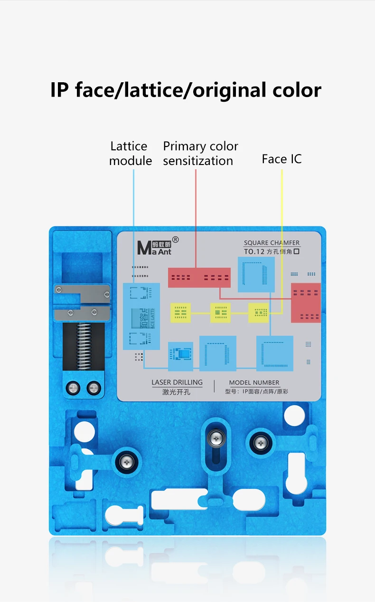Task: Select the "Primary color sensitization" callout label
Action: (x=200, y=153)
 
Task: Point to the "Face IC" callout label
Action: (x=281, y=159)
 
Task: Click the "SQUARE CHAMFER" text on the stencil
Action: (x=272, y=243)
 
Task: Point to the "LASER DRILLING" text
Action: (x=177, y=382)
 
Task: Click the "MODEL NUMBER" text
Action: (x=254, y=382)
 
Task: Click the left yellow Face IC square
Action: (x=181, y=312)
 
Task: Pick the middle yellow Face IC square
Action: (x=220, y=312)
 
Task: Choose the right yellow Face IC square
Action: (x=259, y=312)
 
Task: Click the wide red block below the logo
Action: (x=199, y=277)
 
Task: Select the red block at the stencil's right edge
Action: (x=306, y=302)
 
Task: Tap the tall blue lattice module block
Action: (x=141, y=316)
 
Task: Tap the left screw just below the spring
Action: (x=74, y=388)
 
